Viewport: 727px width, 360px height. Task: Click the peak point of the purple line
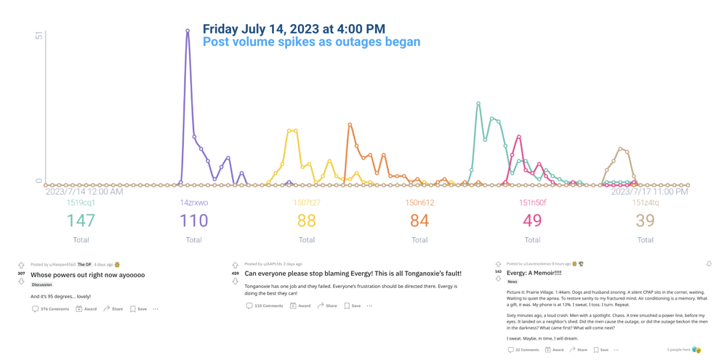(188, 31)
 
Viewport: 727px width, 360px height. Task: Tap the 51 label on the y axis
(39, 36)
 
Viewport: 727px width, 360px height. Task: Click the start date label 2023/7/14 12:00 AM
(84, 192)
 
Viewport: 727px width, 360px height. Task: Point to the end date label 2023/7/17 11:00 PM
(649, 192)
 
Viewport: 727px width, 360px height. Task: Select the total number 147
(81, 220)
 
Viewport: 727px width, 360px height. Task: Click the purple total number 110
(193, 220)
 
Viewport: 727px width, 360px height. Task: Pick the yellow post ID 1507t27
(307, 203)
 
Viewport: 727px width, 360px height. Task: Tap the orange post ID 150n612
(419, 203)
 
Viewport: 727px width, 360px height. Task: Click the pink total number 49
(532, 220)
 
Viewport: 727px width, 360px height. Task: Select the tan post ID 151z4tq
(646, 203)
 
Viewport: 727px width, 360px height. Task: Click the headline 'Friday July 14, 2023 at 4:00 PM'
(294, 29)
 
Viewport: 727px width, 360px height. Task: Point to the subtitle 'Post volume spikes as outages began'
(311, 42)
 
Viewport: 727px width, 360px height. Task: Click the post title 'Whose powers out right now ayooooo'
(87, 275)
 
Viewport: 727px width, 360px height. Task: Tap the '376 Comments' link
(50, 309)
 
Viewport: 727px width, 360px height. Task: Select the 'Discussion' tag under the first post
(42, 285)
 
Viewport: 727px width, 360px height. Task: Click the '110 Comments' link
(265, 306)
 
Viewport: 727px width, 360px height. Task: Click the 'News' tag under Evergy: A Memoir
(513, 281)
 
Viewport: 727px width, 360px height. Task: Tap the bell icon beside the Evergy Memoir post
(709, 264)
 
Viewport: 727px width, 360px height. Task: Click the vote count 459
(235, 273)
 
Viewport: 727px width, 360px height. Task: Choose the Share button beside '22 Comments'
(579, 350)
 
